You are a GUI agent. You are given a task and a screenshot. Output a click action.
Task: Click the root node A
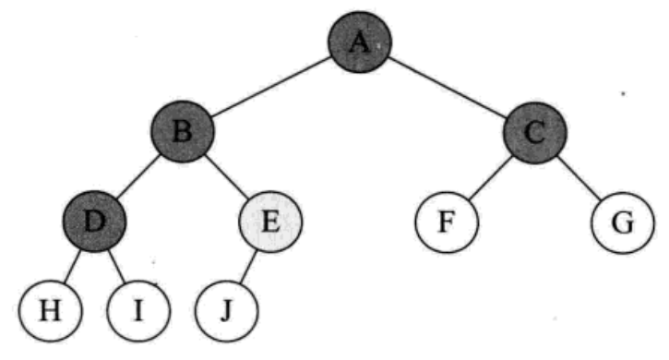point(359,42)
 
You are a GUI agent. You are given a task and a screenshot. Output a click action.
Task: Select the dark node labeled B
point(182,131)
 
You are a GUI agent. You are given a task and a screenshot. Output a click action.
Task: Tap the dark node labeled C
point(535,132)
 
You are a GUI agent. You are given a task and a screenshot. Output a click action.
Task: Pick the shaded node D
point(94,221)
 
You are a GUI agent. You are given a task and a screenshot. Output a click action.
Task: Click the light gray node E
point(270,222)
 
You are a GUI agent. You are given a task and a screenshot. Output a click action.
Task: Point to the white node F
point(447,222)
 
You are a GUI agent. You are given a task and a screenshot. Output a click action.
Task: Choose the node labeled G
point(623,222)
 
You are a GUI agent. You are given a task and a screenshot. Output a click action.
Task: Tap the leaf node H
point(50,310)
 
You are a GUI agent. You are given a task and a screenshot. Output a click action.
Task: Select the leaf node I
point(138,310)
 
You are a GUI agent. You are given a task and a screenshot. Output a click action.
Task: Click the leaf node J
point(227,311)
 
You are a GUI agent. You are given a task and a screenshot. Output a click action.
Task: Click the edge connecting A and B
point(271,86)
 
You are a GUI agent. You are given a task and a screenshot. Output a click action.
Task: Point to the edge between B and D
point(138,176)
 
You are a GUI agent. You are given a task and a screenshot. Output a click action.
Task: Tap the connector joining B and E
point(226,176)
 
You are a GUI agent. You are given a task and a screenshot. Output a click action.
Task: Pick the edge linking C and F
point(491,177)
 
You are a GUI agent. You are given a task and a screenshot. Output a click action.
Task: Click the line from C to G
point(579,177)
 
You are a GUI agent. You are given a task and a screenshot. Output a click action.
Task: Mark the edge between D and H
point(72,266)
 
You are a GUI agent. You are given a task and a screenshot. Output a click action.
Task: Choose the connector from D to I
point(116,266)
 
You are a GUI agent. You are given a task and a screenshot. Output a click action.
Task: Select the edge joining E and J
point(248,267)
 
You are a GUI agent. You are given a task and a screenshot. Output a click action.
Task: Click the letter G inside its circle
point(623,222)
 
